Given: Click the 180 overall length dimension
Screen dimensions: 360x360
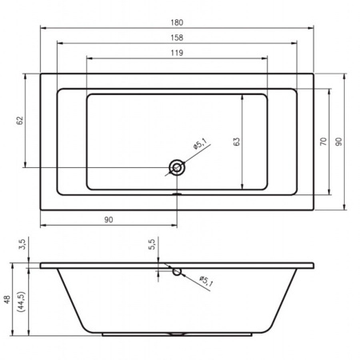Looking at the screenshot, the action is click(x=177, y=22).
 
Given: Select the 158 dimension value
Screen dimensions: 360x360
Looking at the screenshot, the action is click(x=177, y=38).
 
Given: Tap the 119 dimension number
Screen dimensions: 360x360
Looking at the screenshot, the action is click(x=177, y=53).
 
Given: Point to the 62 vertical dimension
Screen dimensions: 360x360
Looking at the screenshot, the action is click(x=20, y=121).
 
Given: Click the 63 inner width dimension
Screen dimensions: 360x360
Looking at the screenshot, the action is click(x=237, y=142).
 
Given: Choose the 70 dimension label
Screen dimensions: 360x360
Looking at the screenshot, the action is click(x=323, y=141).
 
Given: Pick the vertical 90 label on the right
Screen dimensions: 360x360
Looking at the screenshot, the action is click(x=338, y=142).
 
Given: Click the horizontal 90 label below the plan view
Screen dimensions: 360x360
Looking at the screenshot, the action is click(x=109, y=220).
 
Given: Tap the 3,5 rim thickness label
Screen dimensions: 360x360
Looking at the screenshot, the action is click(x=22, y=244).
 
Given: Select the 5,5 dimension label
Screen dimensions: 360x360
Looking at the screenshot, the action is click(x=151, y=244).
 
